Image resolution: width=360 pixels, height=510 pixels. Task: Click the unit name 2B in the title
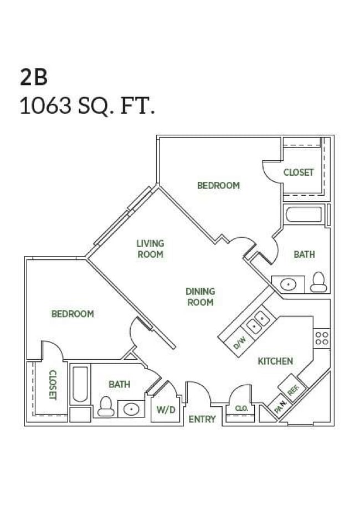click(x=34, y=78)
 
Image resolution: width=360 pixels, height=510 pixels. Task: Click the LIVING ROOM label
click(x=150, y=248)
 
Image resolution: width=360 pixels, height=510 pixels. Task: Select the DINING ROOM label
click(x=200, y=297)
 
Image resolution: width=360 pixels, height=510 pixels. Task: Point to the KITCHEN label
click(x=275, y=361)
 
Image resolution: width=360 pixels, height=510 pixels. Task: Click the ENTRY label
click(x=202, y=419)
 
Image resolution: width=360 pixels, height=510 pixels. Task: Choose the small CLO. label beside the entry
click(x=241, y=409)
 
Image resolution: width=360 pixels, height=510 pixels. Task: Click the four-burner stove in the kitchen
click(x=322, y=337)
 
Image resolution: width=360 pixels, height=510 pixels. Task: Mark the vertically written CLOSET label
click(x=53, y=384)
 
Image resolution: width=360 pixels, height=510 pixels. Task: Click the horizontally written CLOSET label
click(x=299, y=172)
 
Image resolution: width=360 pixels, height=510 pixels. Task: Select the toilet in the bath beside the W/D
click(x=105, y=407)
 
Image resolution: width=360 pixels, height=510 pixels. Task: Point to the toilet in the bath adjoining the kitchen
click(x=318, y=282)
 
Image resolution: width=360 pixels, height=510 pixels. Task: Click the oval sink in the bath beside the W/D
click(x=132, y=410)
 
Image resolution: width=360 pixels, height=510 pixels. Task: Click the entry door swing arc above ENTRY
click(x=199, y=391)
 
